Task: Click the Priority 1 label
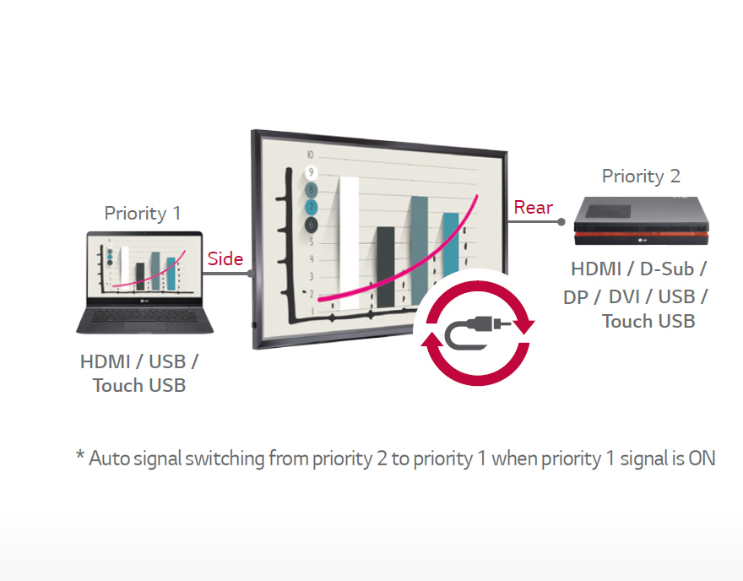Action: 142,213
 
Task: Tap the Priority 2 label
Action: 640,176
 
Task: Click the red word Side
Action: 225,259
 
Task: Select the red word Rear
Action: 534,208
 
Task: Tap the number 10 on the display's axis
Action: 311,155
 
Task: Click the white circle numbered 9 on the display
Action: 312,173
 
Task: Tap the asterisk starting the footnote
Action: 80,457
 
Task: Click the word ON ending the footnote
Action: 701,459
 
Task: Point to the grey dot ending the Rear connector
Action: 561,222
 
